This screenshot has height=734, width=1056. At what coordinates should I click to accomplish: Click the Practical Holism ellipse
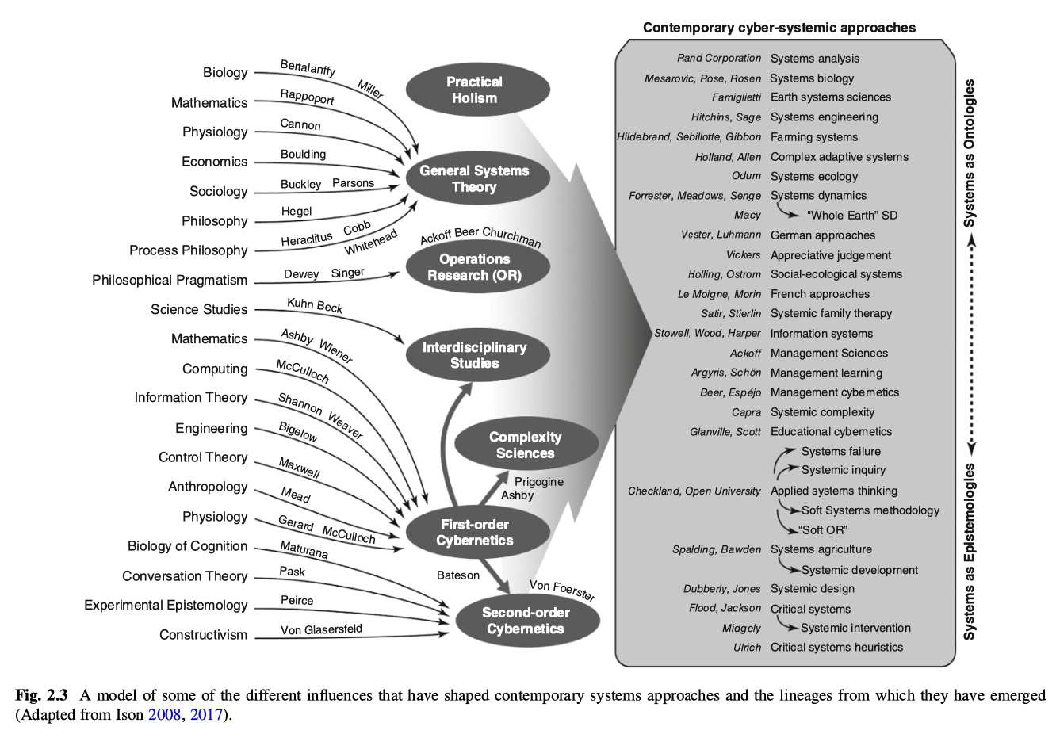coord(477,90)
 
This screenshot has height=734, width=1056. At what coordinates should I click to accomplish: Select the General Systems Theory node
coord(477,178)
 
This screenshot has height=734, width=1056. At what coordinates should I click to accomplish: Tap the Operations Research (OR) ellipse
coord(477,267)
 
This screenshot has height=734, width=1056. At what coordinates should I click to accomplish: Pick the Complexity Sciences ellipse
coord(526,444)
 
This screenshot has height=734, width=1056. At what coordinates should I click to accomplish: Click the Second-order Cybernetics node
coord(527,621)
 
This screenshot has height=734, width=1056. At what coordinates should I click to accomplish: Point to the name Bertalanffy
coord(308,68)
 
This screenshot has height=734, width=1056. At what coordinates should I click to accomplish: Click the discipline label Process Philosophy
coord(189,250)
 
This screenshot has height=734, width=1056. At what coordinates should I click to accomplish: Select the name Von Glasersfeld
coord(322,629)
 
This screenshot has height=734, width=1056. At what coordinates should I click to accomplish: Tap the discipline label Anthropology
coord(208,487)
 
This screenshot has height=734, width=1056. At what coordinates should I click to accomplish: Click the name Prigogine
coord(539,482)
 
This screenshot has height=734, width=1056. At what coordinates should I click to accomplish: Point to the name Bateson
coord(457,575)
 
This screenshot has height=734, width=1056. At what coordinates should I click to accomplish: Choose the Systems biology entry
coord(812,78)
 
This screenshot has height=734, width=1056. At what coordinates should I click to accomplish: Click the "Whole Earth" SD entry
coord(852,216)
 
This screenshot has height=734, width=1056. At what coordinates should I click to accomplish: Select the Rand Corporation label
coord(719,58)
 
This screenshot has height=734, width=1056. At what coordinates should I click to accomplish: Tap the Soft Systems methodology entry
coord(870,510)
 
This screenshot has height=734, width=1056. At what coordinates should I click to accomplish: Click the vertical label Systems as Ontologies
coord(969,153)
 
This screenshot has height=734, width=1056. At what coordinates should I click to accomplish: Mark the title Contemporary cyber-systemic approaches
coord(779,28)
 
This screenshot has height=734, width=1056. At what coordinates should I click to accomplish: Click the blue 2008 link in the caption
coord(165,715)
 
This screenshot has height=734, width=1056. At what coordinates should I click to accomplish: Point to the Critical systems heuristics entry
coord(836,648)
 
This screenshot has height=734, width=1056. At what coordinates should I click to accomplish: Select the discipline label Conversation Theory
coord(185,576)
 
